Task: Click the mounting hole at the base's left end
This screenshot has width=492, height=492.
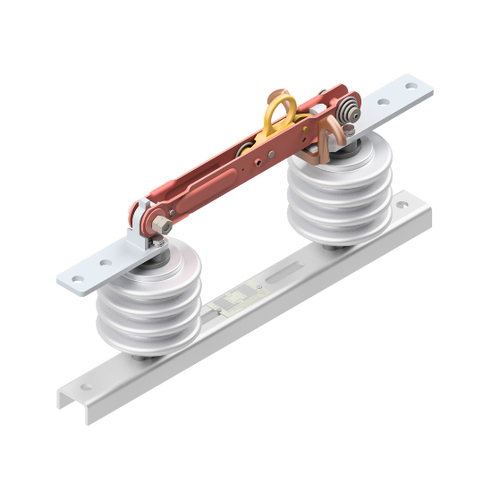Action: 86,387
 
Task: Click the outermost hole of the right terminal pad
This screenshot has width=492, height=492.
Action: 411,87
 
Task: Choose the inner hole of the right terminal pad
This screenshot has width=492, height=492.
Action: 385,100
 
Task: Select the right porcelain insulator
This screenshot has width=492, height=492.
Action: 339,192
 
